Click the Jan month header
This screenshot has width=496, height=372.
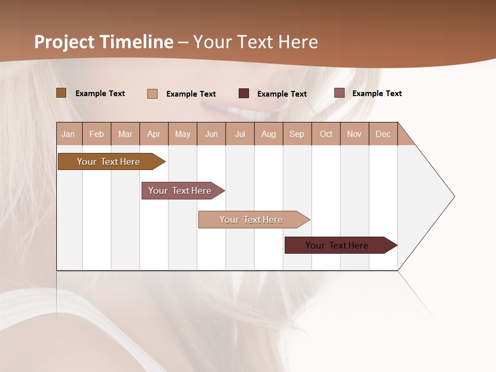click(69, 134)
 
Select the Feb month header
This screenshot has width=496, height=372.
click(97, 134)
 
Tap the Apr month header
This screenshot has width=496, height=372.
click(153, 134)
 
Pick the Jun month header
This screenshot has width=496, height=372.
click(211, 134)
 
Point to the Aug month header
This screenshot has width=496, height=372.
click(268, 134)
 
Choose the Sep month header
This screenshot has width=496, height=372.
click(297, 134)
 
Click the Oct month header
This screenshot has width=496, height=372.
click(326, 134)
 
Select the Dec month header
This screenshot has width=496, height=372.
click(383, 134)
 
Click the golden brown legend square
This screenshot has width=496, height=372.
click(61, 93)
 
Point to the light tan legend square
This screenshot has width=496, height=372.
click(152, 94)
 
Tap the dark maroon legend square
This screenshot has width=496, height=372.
click(244, 94)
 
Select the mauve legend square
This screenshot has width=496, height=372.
click(339, 93)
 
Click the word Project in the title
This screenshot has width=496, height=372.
click(65, 42)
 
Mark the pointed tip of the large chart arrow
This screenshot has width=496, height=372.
click(454, 196)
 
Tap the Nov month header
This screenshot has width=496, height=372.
click(354, 134)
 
